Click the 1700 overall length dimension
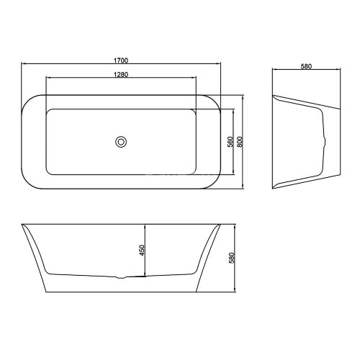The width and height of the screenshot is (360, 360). click(121, 60)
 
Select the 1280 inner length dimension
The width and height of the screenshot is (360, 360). click(121, 75)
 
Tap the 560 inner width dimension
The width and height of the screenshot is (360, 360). click(230, 142)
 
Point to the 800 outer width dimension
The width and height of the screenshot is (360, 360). click(240, 142)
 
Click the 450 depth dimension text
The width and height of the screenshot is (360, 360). click(142, 250)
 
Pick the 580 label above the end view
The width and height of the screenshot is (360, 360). click(306, 66)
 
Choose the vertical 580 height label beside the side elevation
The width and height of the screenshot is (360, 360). click(232, 258)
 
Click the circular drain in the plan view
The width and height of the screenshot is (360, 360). click(121, 142)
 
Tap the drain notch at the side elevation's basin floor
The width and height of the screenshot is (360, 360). click(121, 278)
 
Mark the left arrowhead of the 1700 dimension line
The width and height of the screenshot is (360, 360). click(24, 63)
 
